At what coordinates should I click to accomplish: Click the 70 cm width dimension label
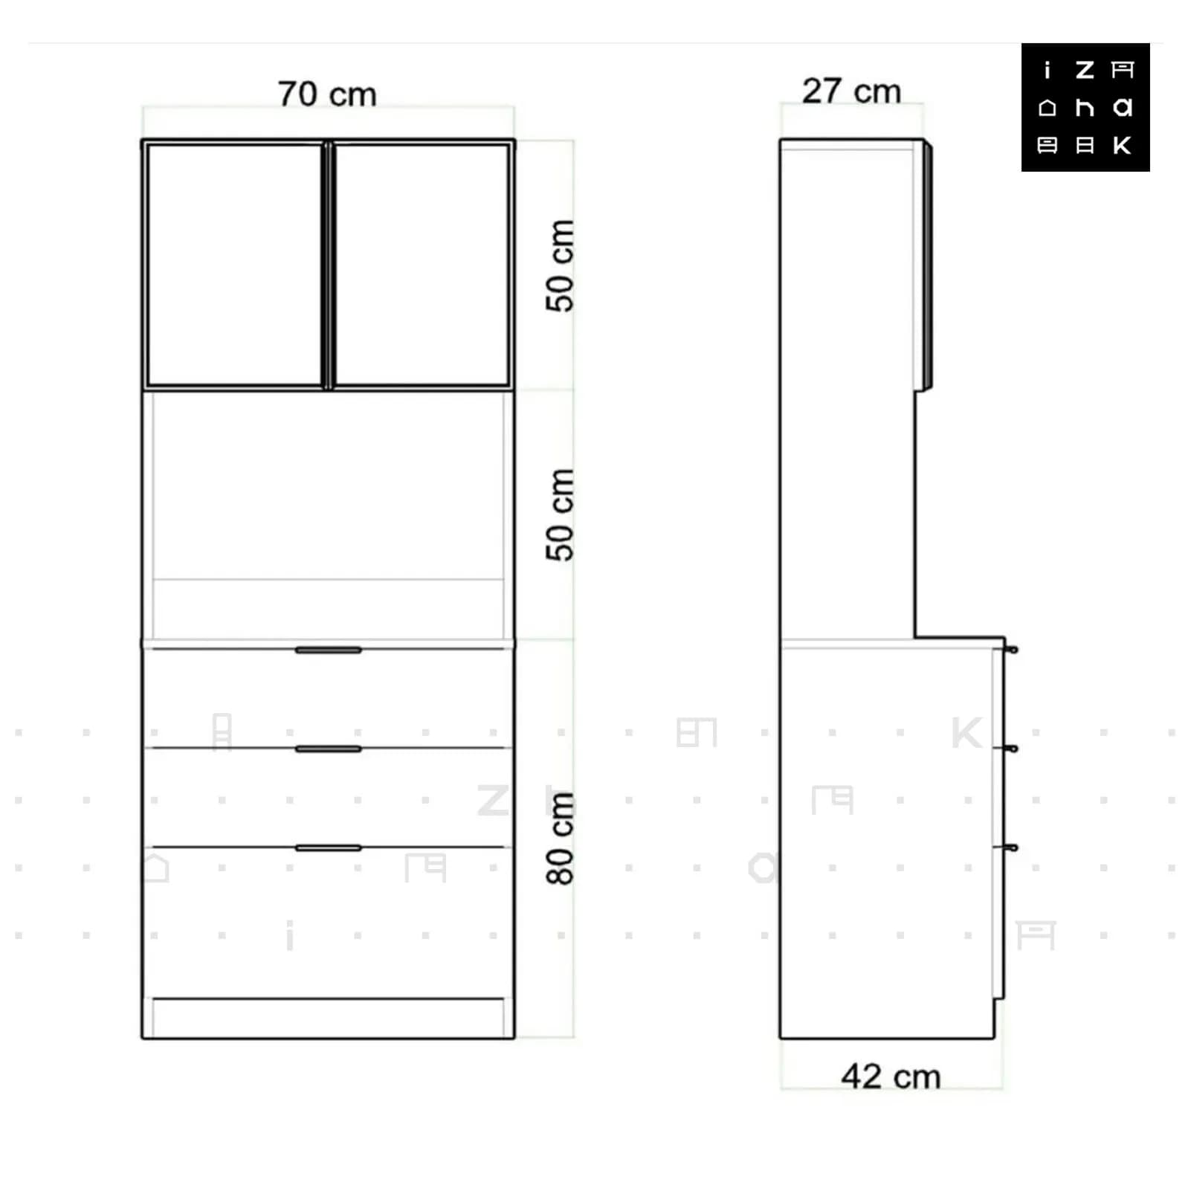(327, 94)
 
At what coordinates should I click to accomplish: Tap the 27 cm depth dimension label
(851, 91)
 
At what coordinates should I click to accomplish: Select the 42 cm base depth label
(891, 1076)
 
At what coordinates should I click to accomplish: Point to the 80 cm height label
(560, 838)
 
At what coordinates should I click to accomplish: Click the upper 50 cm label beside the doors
(560, 265)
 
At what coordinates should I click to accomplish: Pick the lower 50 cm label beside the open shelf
(560, 514)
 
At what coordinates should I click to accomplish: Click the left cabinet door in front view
(235, 265)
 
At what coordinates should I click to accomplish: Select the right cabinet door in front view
(422, 265)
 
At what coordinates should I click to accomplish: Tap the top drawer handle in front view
(328, 650)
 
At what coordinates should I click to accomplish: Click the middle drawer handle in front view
(328, 749)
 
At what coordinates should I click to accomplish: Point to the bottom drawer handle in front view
(328, 848)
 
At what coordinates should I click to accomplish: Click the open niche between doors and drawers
(328, 514)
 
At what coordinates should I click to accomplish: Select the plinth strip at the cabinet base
(328, 1018)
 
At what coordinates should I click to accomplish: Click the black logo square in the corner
(1085, 107)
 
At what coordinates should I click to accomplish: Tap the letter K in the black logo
(1123, 145)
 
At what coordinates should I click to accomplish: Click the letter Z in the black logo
(1085, 70)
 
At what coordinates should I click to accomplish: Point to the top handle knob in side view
(1012, 650)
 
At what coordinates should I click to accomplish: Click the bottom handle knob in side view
(1012, 848)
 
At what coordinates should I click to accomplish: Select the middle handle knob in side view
(1012, 749)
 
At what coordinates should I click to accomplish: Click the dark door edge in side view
(928, 265)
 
